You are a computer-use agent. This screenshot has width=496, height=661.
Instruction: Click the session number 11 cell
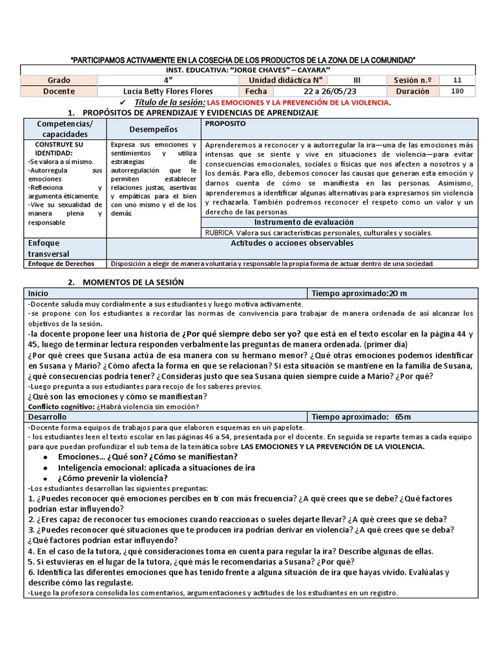point(457,80)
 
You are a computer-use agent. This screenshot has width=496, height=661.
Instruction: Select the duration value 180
point(457,91)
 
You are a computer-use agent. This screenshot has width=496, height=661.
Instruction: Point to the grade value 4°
point(168,80)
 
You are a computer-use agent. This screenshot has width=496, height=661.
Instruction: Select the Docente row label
point(59,91)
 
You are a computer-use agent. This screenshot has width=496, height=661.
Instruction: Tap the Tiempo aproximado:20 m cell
point(360,293)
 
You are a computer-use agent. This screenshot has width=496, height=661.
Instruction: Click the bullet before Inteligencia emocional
point(45,467)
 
